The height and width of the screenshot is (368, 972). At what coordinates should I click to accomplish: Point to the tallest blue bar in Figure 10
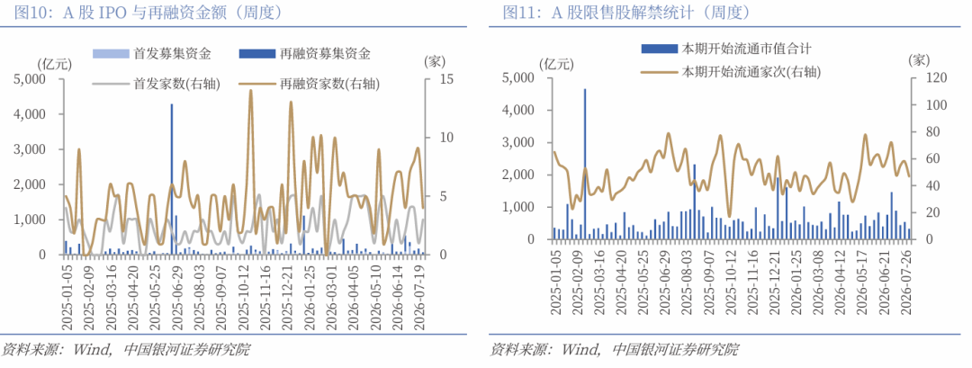[x=172, y=179]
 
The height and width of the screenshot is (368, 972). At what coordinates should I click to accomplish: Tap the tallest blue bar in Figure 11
[x=585, y=164]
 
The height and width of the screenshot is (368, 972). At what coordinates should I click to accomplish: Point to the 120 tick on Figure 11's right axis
[x=928, y=78]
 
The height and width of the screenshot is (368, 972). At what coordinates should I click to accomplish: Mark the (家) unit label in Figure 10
[x=433, y=61]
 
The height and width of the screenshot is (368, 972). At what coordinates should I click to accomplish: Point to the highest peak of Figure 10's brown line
[x=250, y=91]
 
